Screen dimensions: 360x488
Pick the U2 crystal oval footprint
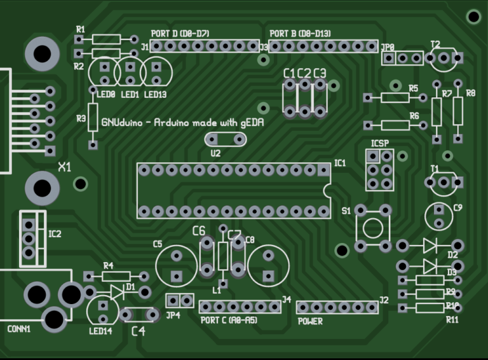pos(224,139)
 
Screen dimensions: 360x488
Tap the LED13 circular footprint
pos(156,72)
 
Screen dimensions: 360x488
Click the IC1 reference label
pos(340,163)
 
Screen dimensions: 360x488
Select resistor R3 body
pos(93,118)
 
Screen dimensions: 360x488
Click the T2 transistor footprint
pos(442,59)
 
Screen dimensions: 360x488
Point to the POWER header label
pos(310,321)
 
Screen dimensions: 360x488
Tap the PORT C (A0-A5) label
pos(229,320)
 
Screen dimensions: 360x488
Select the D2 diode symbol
pos(430,245)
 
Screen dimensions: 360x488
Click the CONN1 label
pos(18,329)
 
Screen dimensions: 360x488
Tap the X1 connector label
pos(64,167)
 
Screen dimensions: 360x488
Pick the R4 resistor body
pos(116,276)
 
